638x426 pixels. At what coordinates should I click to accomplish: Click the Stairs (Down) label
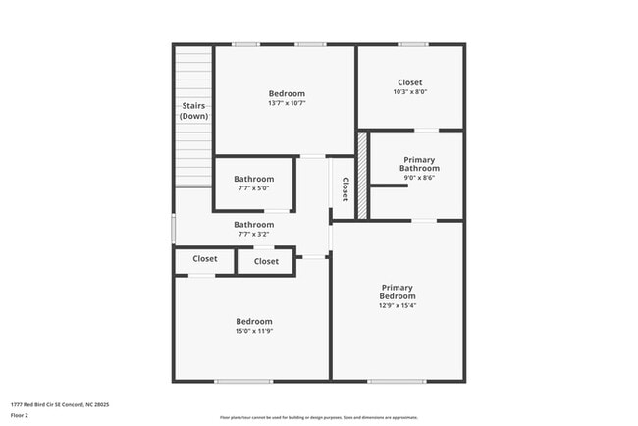click(x=193, y=110)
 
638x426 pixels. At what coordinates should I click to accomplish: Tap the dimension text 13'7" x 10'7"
click(x=286, y=103)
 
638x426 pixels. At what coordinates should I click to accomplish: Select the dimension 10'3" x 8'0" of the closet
click(x=410, y=92)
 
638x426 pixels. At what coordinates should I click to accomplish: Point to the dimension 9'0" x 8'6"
click(x=417, y=178)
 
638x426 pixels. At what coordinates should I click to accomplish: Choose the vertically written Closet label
click(x=346, y=188)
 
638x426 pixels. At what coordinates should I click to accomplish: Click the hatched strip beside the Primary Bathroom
click(x=361, y=176)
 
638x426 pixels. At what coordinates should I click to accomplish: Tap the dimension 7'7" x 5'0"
click(x=253, y=189)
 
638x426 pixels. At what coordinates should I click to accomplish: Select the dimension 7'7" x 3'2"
click(x=253, y=235)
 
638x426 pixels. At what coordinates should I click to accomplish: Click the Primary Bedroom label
click(x=398, y=292)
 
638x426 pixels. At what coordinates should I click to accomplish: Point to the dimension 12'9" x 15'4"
click(x=398, y=305)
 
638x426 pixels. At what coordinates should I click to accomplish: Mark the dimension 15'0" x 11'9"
click(x=253, y=332)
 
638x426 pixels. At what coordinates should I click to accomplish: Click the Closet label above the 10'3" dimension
click(x=410, y=82)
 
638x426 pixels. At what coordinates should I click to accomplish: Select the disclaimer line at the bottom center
click(x=318, y=417)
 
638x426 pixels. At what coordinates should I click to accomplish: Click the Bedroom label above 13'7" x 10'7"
click(x=286, y=93)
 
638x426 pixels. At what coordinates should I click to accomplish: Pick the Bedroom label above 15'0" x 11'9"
click(x=253, y=321)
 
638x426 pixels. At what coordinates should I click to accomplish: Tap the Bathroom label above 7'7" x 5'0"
click(x=253, y=180)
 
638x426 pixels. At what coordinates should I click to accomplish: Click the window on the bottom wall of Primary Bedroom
click(x=397, y=381)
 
